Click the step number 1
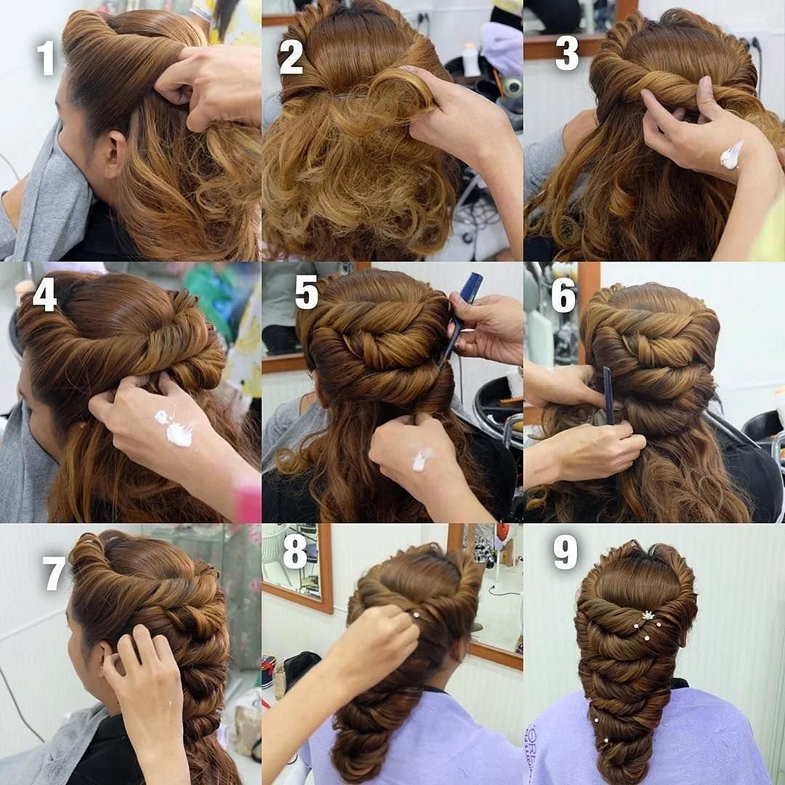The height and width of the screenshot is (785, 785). click(46, 57)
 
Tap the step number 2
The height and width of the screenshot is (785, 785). click(291, 57)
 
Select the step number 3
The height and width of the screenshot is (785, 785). click(567, 52)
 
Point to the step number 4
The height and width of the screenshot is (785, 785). click(44, 294)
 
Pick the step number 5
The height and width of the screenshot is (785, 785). click(307, 292)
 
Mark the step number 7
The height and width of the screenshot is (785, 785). click(54, 573)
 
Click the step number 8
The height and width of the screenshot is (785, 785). click(295, 552)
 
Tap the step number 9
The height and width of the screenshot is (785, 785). click(565, 552)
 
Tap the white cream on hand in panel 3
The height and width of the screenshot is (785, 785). click(731, 156)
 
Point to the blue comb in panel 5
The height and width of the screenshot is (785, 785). click(463, 316)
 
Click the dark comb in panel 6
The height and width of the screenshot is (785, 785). click(608, 395)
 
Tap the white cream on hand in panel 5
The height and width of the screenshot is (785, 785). click(422, 459)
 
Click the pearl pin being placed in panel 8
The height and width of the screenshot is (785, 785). click(415, 615)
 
